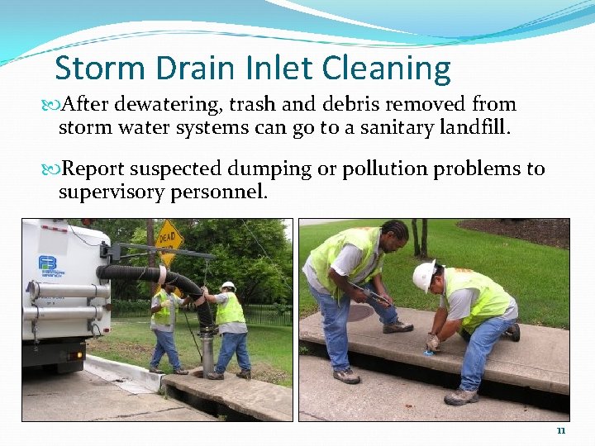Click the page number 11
click(561, 430)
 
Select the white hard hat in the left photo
click(228, 286)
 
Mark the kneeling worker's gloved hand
click(432, 343)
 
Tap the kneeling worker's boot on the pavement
click(460, 396)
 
